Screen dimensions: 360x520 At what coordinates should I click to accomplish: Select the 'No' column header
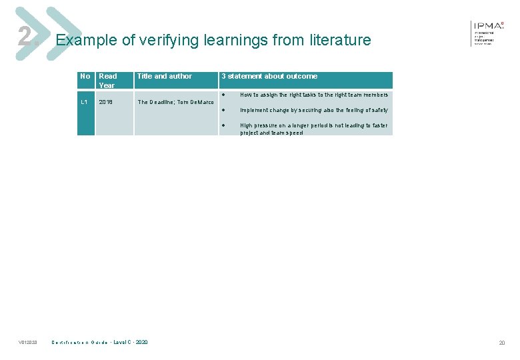85,76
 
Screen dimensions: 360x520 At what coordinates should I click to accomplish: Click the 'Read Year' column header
107,81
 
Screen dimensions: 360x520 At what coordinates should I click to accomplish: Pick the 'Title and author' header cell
164,76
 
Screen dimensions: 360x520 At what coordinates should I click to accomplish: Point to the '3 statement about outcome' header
269,76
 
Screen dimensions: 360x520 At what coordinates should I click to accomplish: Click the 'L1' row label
85,102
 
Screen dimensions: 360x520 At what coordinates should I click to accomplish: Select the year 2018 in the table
107,102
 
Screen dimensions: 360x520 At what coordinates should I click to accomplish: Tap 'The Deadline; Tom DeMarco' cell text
175,102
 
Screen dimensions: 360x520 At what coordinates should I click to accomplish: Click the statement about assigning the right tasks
313,95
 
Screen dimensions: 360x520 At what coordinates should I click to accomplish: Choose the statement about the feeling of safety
313,110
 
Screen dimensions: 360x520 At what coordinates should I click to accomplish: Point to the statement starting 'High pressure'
313,129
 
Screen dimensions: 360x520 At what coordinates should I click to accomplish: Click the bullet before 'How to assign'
225,95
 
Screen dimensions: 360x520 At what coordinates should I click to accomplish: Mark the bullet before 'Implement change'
225,110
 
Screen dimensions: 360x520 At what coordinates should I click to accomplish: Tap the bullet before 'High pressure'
225,125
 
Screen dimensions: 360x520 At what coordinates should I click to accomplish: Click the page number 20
501,343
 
